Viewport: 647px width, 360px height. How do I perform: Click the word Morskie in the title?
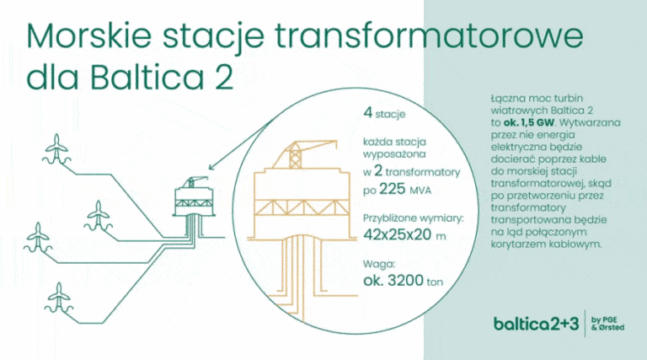(89, 36)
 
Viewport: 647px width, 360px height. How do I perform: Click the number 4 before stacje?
(367, 112)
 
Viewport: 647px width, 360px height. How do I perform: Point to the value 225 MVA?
(405, 190)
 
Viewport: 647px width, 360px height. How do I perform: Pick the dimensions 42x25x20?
(398, 234)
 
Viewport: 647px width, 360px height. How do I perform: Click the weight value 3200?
(405, 280)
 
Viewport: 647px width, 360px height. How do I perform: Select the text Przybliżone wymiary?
(414, 218)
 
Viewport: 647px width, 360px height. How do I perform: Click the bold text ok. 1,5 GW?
(530, 122)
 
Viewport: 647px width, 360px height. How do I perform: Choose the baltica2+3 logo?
(537, 324)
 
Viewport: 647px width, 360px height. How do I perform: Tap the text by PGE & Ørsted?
(607, 324)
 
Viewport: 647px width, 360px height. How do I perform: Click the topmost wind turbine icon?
(56, 148)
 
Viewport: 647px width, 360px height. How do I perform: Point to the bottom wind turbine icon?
(59, 298)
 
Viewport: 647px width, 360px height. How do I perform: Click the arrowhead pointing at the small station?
(212, 167)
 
